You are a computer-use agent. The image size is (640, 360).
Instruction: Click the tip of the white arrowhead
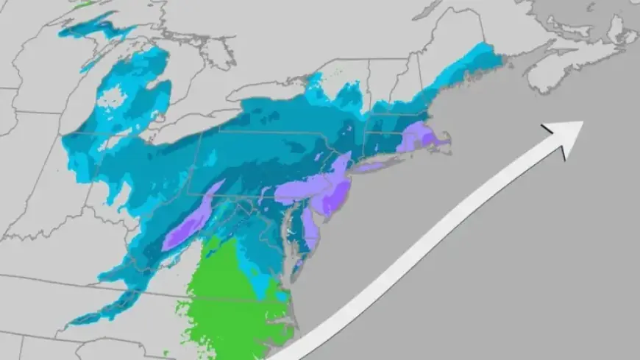pos(583,122)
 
